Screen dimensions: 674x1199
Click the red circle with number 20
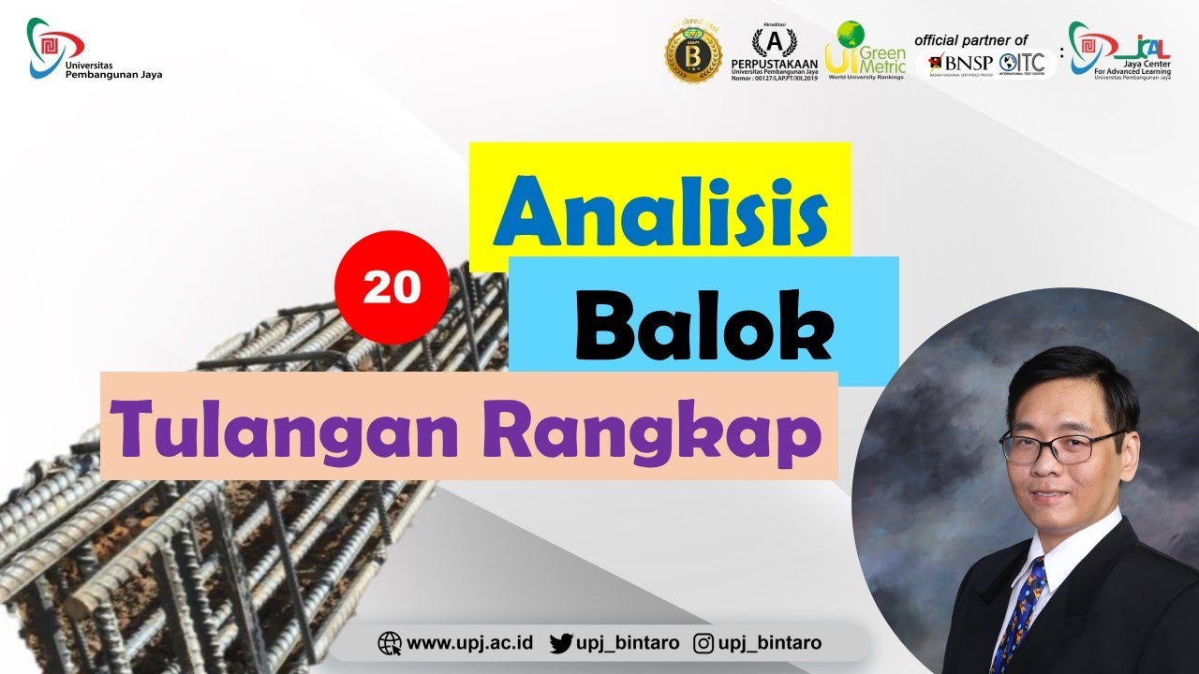392,286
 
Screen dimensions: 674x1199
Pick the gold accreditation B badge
693,52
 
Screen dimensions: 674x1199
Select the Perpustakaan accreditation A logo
774,51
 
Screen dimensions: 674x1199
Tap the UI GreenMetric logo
866,51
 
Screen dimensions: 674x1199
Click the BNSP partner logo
959,64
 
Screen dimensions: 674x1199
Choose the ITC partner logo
1022,64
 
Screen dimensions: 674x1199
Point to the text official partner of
970,40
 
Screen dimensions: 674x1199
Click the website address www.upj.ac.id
469,643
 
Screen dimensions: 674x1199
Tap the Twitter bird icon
560,643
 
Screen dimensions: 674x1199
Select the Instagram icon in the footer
703,643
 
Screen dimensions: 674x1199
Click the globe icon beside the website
389,643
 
